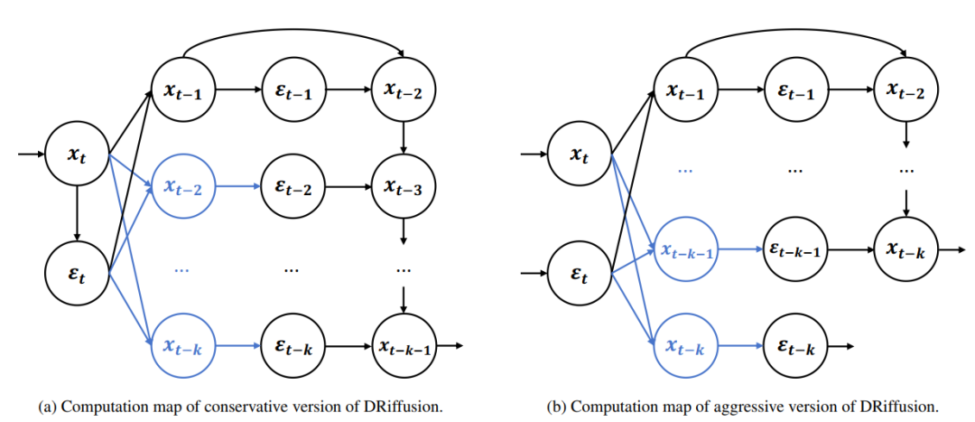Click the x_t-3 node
tap(403, 188)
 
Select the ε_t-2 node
tap(292, 188)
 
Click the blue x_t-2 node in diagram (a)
tap(183, 188)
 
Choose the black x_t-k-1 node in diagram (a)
tap(404, 345)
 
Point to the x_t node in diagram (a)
tap(77, 155)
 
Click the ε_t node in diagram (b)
tap(579, 269)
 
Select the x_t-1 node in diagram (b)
tap(685, 90)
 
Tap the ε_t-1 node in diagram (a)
tap(292, 90)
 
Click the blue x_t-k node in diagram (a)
tap(183, 345)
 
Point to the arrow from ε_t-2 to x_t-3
tap(348, 188)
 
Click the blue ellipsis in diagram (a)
tap(183, 269)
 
